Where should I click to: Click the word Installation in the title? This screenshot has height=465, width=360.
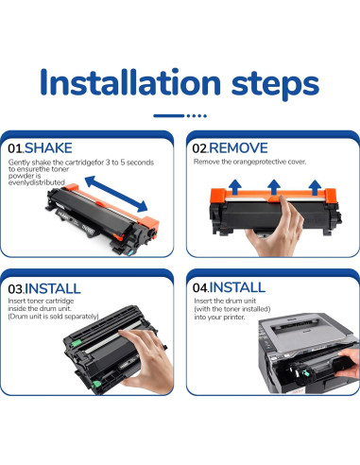(x=130, y=81)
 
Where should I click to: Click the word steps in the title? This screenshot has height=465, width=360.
(x=275, y=85)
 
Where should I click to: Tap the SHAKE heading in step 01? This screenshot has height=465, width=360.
(x=48, y=148)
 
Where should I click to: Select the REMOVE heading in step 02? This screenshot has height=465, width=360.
(x=238, y=148)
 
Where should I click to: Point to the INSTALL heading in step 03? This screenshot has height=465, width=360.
(x=53, y=288)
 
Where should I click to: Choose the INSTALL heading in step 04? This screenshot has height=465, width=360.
(x=237, y=287)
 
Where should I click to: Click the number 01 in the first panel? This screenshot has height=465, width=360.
(x=15, y=148)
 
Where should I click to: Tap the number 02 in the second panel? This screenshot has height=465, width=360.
(x=199, y=148)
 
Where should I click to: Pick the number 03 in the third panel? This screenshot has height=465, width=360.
(x=15, y=289)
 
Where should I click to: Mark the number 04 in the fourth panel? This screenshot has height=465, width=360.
(x=199, y=287)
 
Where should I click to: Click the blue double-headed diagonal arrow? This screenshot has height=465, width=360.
(x=116, y=194)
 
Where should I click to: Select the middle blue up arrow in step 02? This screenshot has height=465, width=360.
(x=274, y=187)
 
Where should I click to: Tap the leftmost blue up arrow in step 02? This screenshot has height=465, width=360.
(x=234, y=187)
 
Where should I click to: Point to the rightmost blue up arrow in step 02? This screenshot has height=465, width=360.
(x=315, y=187)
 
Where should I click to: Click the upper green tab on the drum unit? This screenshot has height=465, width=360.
(x=76, y=343)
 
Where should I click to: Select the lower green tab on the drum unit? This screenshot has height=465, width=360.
(x=96, y=384)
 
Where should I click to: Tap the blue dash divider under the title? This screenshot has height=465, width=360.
(x=180, y=116)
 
